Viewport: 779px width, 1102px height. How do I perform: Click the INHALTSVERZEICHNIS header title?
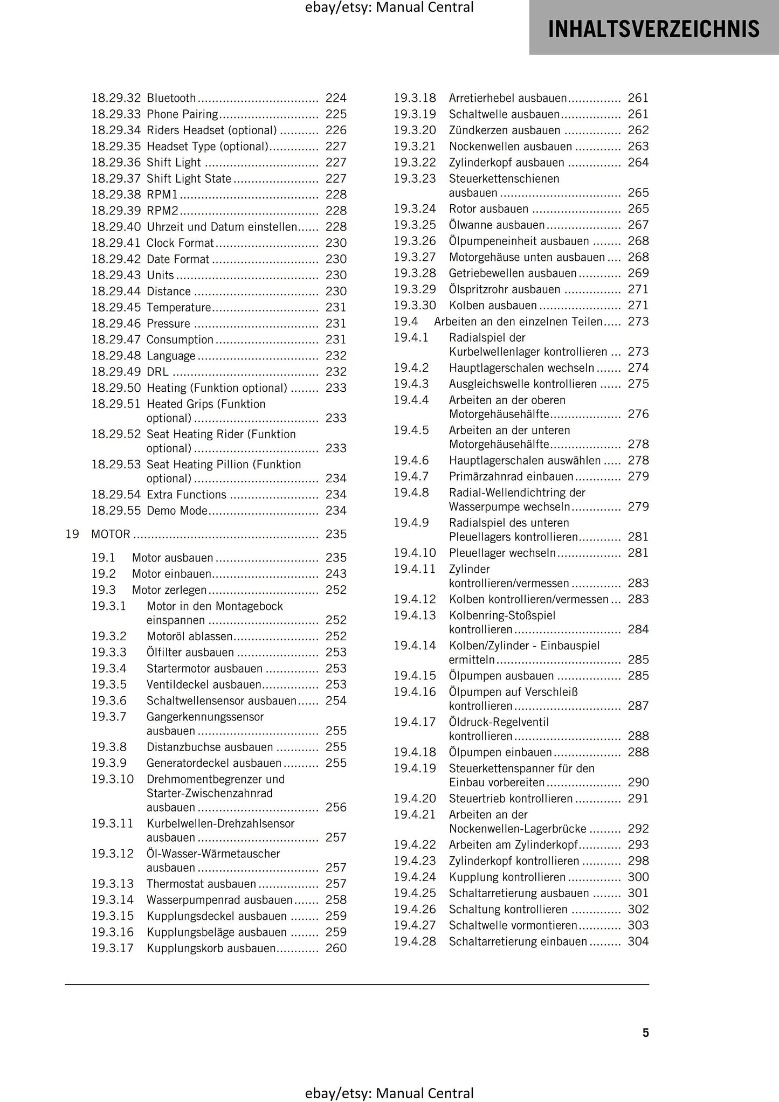point(653,29)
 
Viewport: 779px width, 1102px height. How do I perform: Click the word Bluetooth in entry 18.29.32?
point(171,98)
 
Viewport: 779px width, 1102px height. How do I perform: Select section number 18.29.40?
point(115,227)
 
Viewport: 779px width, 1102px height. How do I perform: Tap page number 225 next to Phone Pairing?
point(336,114)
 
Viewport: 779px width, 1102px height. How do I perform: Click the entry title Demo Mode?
point(177,510)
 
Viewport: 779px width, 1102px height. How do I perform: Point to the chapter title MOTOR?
point(111,534)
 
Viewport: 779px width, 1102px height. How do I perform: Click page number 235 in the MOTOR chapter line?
point(336,534)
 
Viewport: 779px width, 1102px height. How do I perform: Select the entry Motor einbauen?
point(171,574)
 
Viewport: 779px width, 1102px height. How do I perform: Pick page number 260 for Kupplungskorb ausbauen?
point(336,948)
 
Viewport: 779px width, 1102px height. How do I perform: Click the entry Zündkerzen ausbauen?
point(504,130)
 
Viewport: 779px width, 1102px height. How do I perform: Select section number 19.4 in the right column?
point(405,322)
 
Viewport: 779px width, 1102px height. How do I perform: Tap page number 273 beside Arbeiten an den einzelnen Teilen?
point(638,322)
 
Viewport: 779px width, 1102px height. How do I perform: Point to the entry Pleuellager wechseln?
point(502,553)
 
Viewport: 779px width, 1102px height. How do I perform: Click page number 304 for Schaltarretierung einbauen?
point(638,942)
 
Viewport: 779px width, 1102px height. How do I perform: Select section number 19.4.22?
point(414,845)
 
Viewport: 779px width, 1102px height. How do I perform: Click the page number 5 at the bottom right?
point(645,1032)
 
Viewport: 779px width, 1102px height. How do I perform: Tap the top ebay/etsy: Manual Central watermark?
point(389,8)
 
